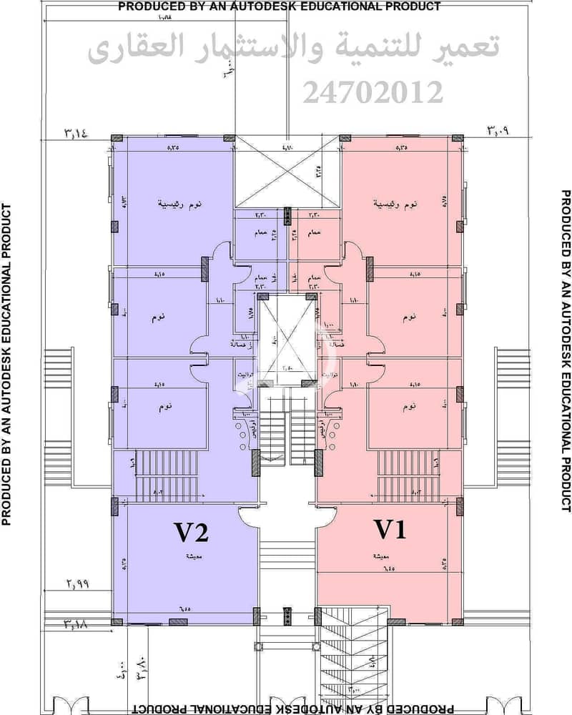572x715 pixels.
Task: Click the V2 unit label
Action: click(x=192, y=533)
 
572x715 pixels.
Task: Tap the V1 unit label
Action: click(x=391, y=530)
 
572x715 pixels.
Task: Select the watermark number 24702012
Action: click(x=373, y=92)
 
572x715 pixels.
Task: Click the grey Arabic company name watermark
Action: click(x=293, y=50)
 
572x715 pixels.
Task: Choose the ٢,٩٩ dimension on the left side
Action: click(x=78, y=584)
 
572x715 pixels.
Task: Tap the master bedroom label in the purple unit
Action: click(x=179, y=203)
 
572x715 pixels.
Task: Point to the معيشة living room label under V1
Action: click(x=379, y=556)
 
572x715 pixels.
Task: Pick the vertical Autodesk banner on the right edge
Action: click(x=565, y=350)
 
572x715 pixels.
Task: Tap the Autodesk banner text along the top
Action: click(x=279, y=6)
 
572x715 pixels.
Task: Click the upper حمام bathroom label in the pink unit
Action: click(x=315, y=233)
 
